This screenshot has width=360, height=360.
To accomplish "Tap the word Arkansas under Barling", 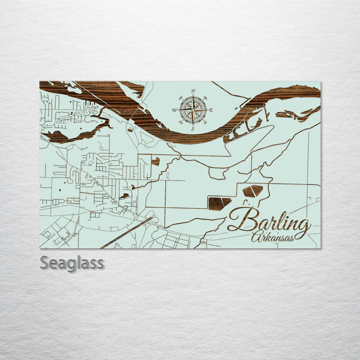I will (x=273, y=237).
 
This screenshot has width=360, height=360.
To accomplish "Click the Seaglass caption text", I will (x=72, y=262).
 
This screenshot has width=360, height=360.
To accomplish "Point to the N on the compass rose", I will (x=193, y=91).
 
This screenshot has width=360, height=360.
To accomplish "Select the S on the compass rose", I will (x=193, y=128).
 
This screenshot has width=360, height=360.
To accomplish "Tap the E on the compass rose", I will (x=211, y=109).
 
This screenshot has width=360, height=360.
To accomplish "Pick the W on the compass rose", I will (x=174, y=110).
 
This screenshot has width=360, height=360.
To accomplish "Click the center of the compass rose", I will (x=193, y=109).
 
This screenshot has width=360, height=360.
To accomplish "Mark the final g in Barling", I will (x=301, y=227).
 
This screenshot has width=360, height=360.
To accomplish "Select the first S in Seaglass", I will (x=44, y=262).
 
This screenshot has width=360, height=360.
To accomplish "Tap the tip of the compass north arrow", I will (x=193, y=95).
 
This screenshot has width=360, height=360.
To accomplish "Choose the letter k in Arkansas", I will (x=267, y=237).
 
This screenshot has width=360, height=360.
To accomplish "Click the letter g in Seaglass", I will (x=74, y=264).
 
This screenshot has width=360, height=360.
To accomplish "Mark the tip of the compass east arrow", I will (x=207, y=109).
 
